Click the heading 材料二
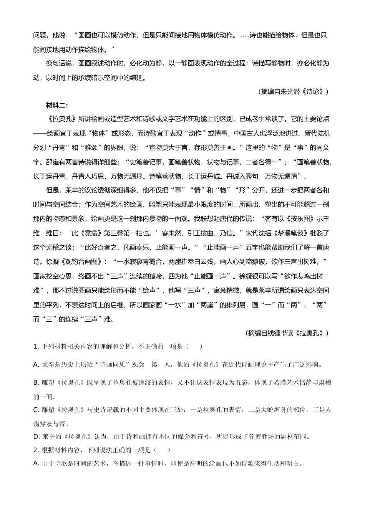[56, 106]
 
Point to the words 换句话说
[59, 63]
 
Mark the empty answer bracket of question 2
[163, 450]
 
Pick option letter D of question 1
[36, 437]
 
